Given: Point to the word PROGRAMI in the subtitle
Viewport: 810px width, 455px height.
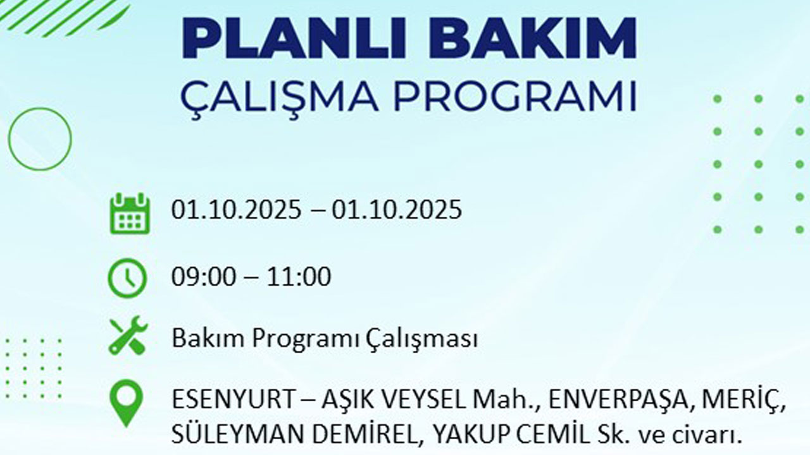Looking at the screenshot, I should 514,97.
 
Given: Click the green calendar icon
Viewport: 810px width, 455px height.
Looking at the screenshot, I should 129,214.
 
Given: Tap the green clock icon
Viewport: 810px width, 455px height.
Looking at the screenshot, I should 127,279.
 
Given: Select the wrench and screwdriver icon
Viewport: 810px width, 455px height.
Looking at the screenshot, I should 128,336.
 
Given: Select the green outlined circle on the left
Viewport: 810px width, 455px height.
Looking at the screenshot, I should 40,139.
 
